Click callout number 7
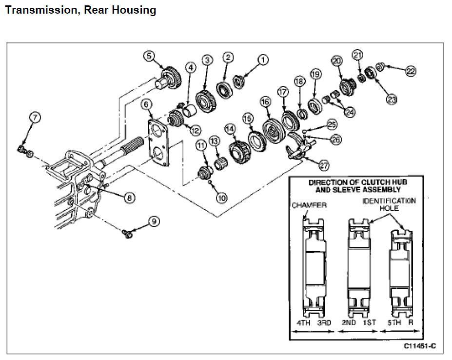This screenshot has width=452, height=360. (x=36, y=117)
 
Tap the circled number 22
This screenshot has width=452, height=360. (x=411, y=71)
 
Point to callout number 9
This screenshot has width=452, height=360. (x=154, y=221)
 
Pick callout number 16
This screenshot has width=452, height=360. (x=265, y=102)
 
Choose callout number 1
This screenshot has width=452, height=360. (x=263, y=60)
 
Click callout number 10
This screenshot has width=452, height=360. (x=222, y=198)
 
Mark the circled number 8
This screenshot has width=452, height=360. (x=129, y=198)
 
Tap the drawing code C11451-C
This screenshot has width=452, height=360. (x=419, y=347)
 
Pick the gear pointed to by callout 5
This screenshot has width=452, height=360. (x=168, y=78)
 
